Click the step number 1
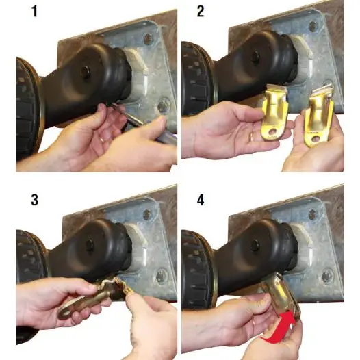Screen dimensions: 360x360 point(35,12)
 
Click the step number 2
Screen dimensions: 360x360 point(201,12)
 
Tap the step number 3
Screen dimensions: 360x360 point(34,200)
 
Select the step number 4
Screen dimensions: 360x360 point(201,200)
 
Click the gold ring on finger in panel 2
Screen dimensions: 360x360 point(251,137)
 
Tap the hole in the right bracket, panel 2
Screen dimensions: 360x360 point(316,139)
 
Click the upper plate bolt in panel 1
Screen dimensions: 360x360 point(148,38)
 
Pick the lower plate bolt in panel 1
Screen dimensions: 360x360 point(164,106)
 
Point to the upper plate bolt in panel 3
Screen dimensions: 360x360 point(147,214)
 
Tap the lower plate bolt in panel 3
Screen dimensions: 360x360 point(162,276)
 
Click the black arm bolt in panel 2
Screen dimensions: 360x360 point(255,57)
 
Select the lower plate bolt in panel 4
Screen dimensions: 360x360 point(327,277)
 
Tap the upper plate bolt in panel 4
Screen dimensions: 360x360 point(313,215)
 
